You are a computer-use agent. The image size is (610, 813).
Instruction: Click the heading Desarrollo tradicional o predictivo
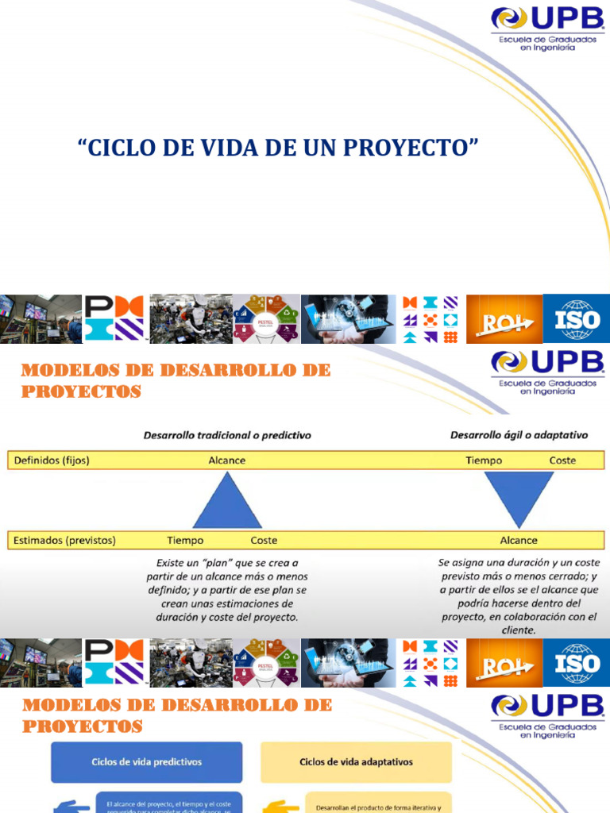226,435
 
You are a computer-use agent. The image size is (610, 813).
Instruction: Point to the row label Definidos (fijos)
50,460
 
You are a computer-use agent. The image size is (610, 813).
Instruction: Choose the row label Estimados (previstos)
64,541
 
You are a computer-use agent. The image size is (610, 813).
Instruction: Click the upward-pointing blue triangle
227,501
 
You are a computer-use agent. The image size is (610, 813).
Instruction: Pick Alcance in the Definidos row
227,460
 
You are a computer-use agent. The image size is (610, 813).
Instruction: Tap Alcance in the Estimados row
518,541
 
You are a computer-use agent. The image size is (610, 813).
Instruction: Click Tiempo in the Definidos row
483,460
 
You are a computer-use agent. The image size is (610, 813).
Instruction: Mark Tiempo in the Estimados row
185,541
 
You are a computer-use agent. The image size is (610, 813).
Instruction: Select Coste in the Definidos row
562,460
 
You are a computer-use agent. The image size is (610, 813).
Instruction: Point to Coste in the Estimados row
264,541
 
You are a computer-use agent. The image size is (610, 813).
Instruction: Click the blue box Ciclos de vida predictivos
146,762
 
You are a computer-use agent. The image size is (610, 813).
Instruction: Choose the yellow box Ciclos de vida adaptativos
356,762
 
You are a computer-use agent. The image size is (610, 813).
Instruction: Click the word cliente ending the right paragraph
519,630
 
